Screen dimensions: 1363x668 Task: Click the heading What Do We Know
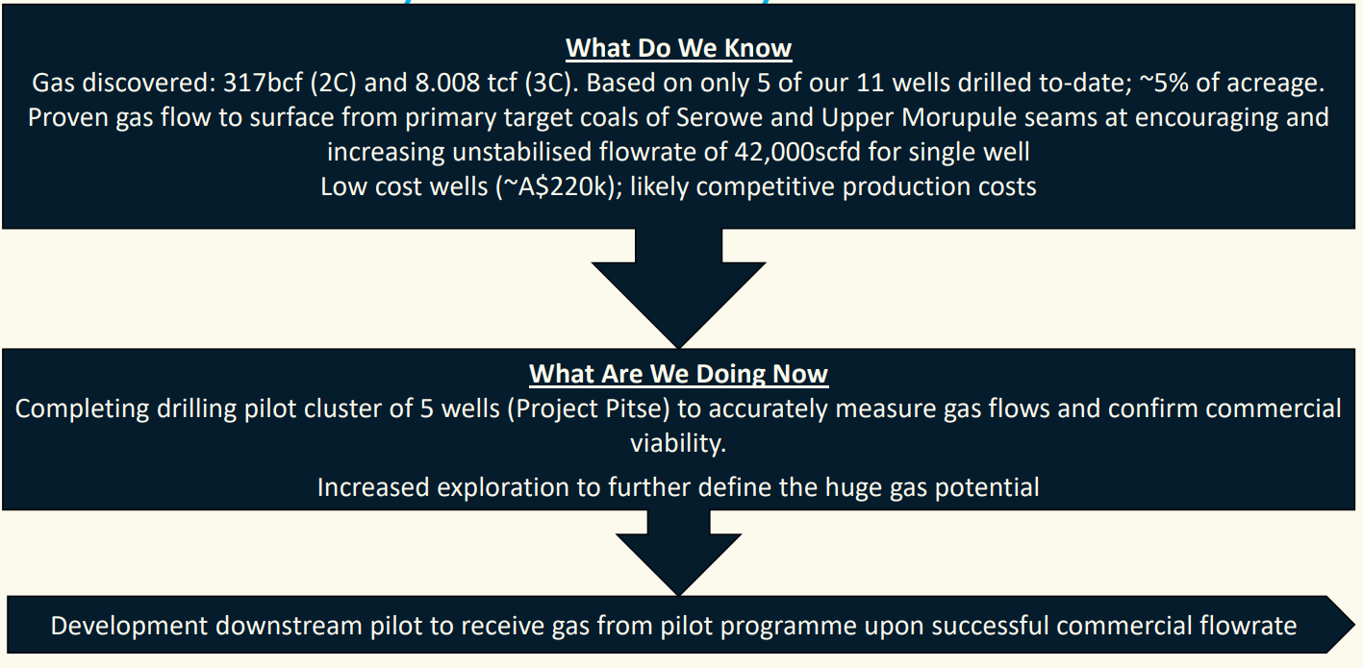(x=678, y=48)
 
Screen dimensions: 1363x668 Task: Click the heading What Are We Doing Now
(x=678, y=374)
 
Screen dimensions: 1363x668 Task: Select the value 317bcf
(x=263, y=83)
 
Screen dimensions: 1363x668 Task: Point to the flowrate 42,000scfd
(x=797, y=152)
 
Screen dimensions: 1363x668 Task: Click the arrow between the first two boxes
(x=678, y=288)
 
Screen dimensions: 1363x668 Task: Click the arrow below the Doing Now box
(x=678, y=553)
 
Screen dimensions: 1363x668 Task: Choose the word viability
(x=678, y=443)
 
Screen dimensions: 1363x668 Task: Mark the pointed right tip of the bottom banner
(x=1354, y=625)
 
